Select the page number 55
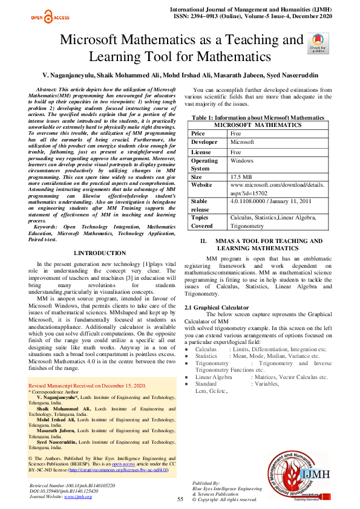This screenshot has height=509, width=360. pyautogui.click(x=180, y=499)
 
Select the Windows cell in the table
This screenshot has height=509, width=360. pyautogui.click(x=242, y=161)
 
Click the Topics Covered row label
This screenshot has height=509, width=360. pyautogui.click(x=203, y=221)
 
